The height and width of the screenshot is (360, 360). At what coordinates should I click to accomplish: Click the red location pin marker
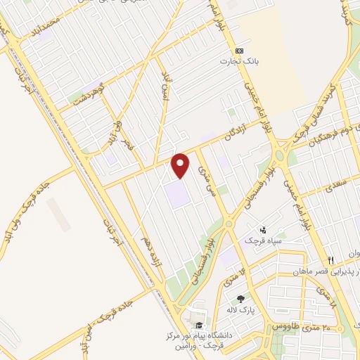[181, 165]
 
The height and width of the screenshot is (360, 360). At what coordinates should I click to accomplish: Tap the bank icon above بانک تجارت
[240, 51]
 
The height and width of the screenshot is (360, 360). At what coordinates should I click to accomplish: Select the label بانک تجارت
[240, 61]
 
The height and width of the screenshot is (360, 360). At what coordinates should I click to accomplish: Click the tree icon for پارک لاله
[240, 299]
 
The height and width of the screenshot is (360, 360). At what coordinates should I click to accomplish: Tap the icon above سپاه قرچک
[262, 229]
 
